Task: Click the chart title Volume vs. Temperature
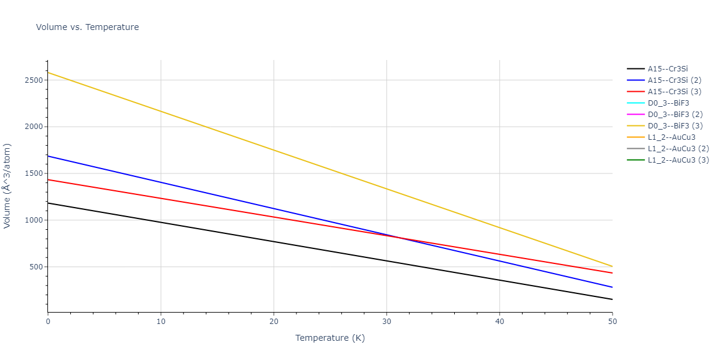pyautogui.click(x=88, y=27)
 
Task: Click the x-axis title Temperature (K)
pyautogui.click(x=330, y=338)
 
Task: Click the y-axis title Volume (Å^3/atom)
pyautogui.click(x=8, y=185)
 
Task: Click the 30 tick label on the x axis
pyautogui.click(x=386, y=322)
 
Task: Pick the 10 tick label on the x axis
pyautogui.click(x=161, y=322)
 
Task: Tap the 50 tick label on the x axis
pyautogui.click(x=612, y=322)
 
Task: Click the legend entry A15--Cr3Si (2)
pyautogui.click(x=674, y=80)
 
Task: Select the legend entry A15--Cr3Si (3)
pyautogui.click(x=674, y=92)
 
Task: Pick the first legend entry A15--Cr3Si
pyautogui.click(x=667, y=69)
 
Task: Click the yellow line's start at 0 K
pyautogui.click(x=48, y=72)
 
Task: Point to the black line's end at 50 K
pyautogui.click(x=612, y=299)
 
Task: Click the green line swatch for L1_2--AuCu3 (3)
pyautogui.click(x=635, y=160)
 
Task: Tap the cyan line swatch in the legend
pyautogui.click(x=635, y=103)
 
